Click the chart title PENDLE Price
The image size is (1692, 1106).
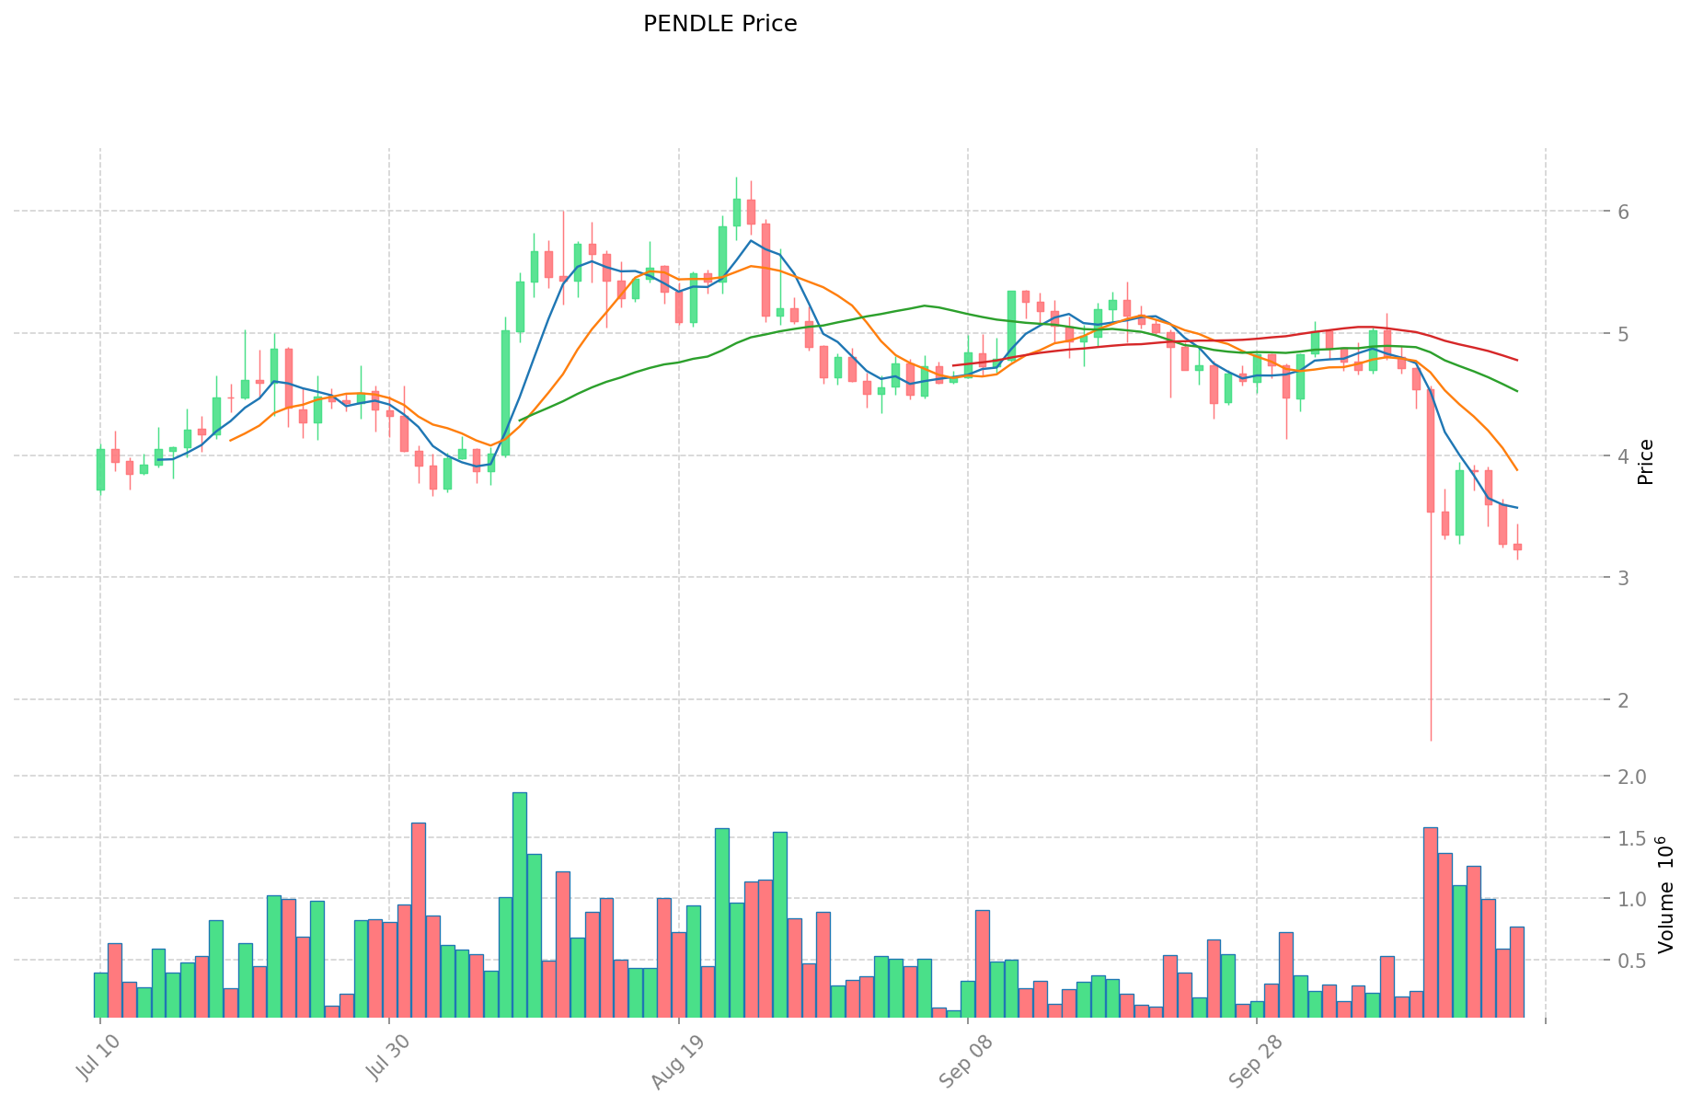(x=719, y=24)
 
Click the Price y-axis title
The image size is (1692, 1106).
(x=1647, y=462)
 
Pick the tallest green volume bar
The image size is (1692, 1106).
(x=520, y=904)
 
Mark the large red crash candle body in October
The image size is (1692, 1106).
(x=1431, y=451)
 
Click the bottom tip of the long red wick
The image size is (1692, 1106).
(x=1431, y=740)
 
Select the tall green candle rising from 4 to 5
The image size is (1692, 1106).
(x=505, y=393)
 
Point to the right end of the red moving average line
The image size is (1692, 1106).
(x=1517, y=360)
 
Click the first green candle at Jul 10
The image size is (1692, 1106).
(x=100, y=469)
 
